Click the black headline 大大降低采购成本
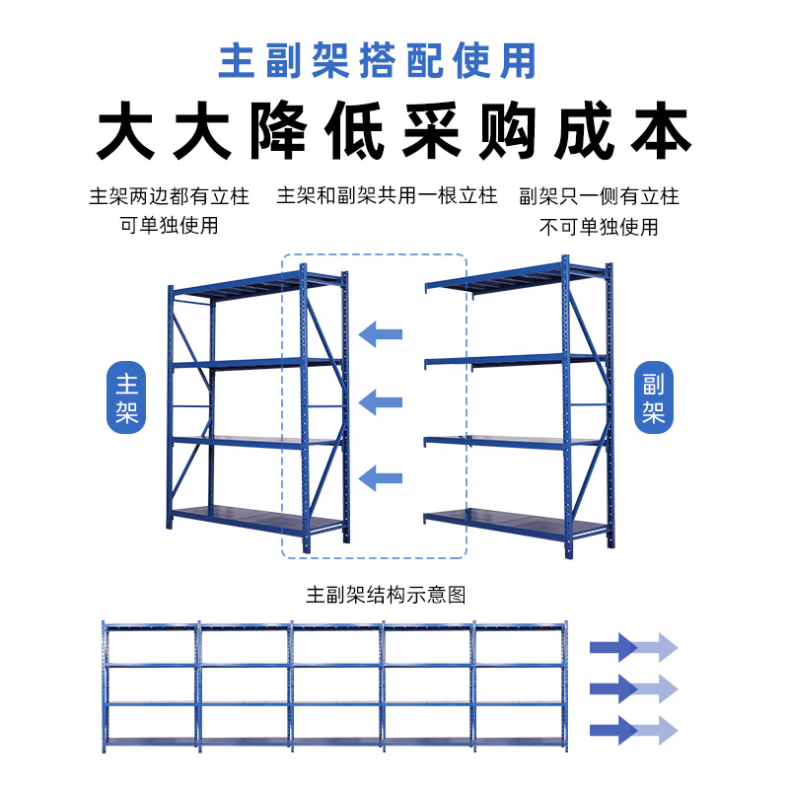coord(394,132)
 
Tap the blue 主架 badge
coord(126,398)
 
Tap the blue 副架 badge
coord(653,398)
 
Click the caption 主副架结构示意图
coord(386,595)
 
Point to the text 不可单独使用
coord(599,227)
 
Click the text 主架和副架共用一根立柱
coord(387,195)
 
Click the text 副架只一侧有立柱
coord(599,196)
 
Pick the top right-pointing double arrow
coord(633,648)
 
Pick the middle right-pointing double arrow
coord(633,687)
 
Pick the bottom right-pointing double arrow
coord(633,730)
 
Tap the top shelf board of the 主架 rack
coord(256,282)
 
